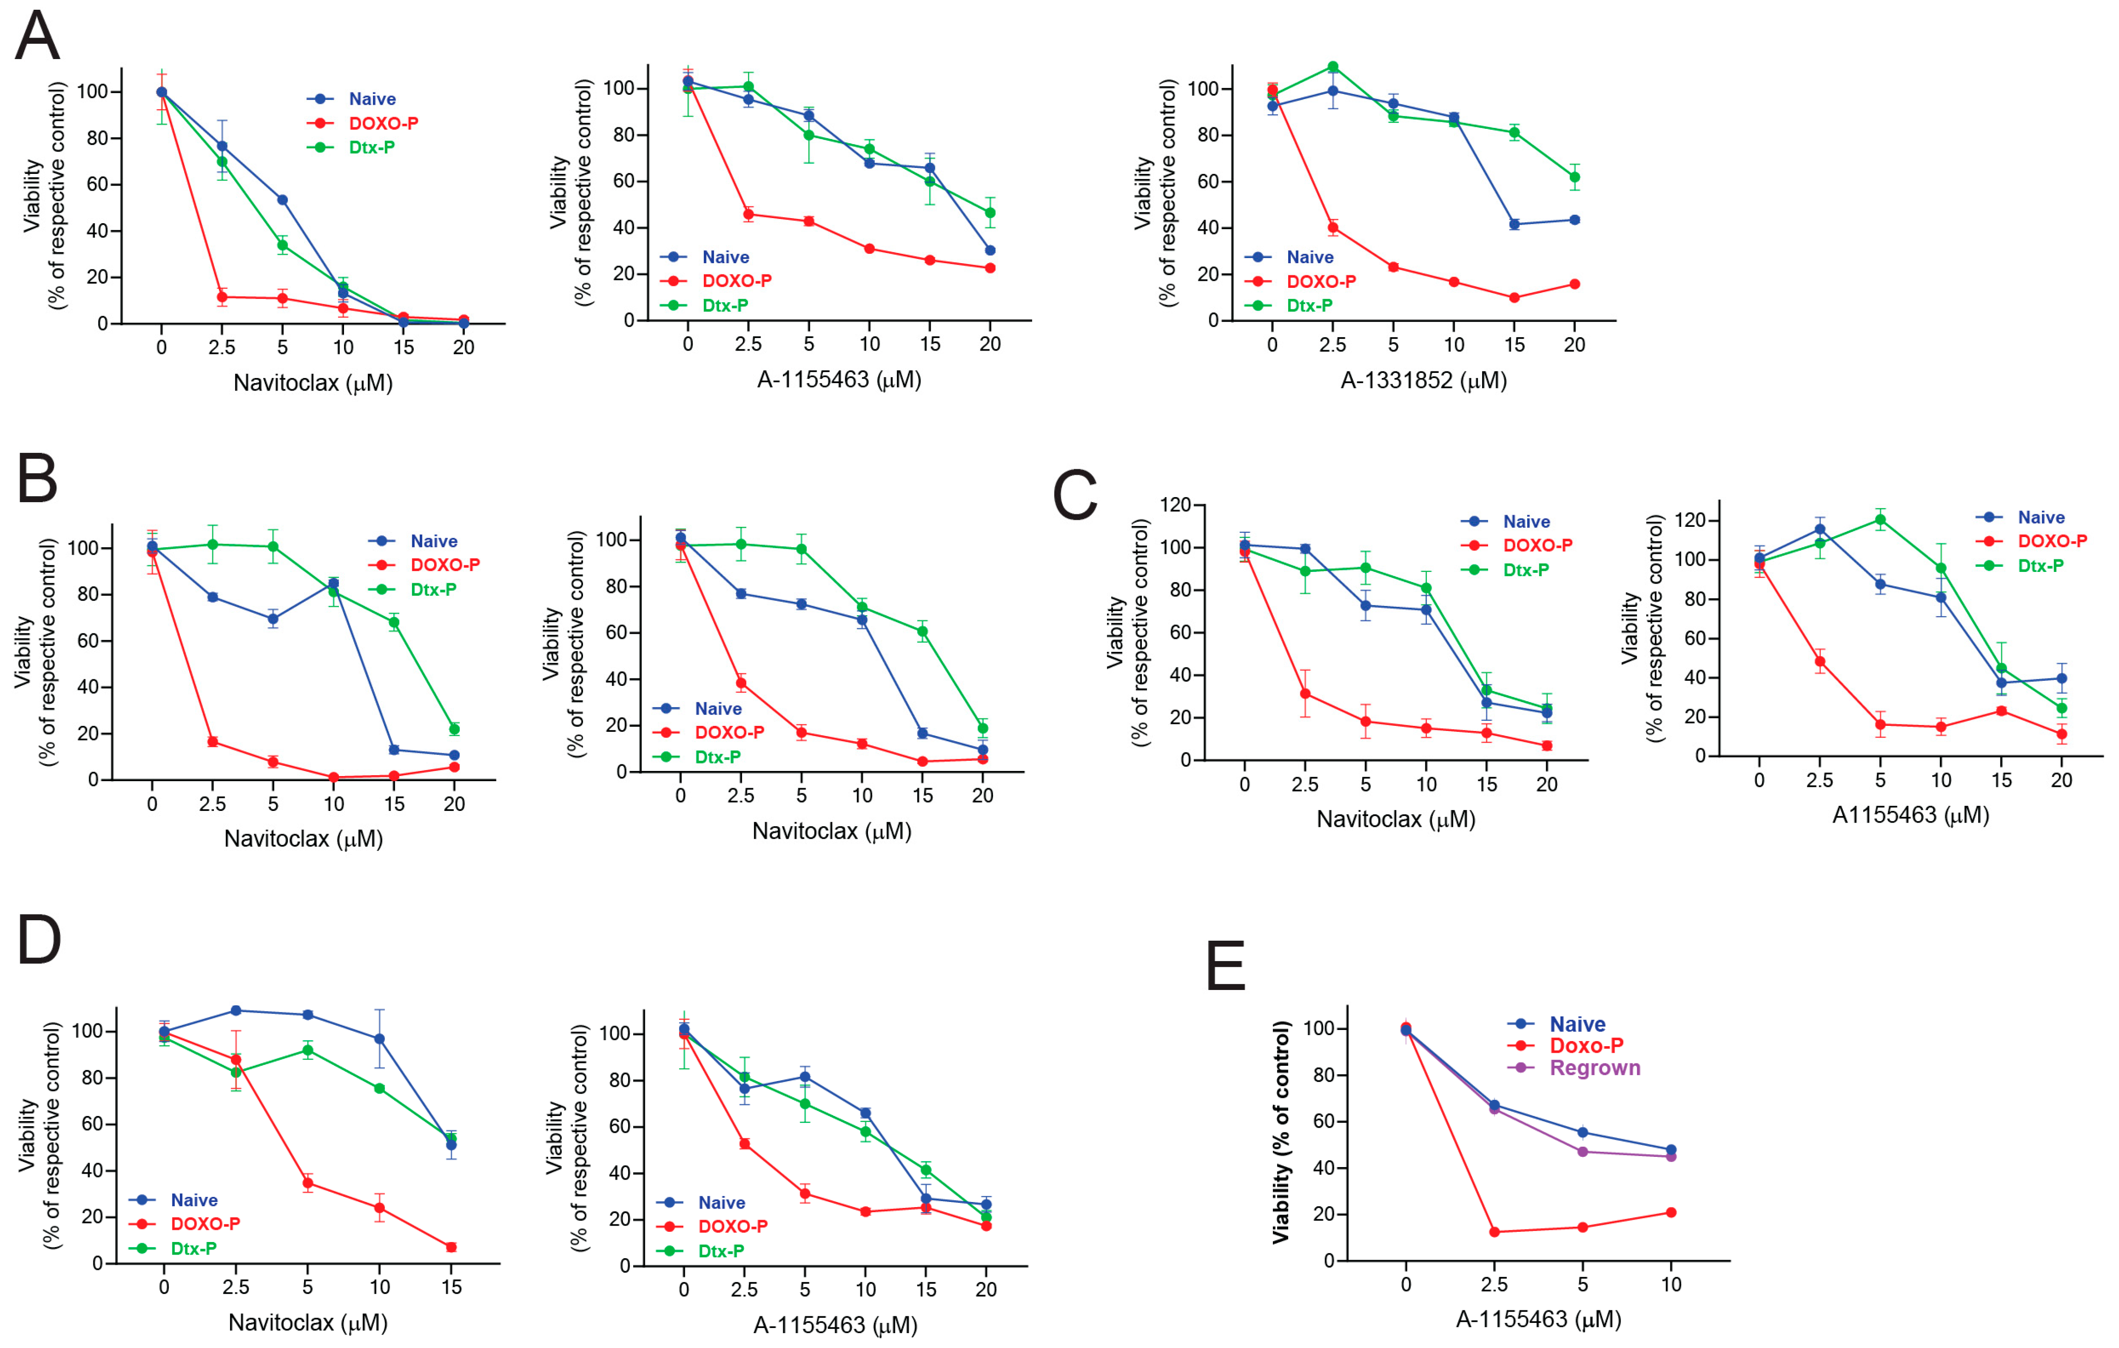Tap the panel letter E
(x=1226, y=966)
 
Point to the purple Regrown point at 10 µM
(x=1670, y=1156)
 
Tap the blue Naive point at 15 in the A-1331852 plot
(x=1514, y=225)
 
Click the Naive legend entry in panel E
(x=1577, y=1024)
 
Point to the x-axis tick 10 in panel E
(x=1670, y=1285)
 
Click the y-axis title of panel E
(x=1281, y=1131)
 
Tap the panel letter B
(x=37, y=479)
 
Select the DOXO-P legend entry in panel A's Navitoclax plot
(x=383, y=123)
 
